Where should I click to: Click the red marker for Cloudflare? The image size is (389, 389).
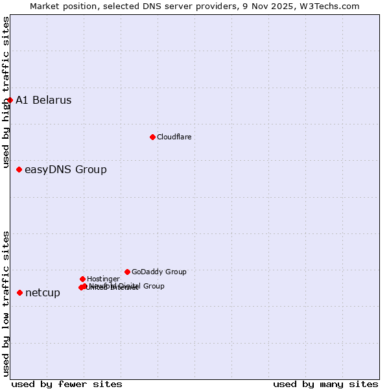click(152, 137)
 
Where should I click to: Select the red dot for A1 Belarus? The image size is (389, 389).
click(10, 100)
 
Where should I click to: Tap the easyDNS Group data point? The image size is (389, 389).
click(19, 169)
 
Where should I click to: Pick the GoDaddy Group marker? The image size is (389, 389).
click(127, 272)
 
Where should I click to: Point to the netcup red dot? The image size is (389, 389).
click(19, 292)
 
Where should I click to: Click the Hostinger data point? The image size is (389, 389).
click(82, 279)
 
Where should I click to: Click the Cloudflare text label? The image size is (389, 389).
click(174, 137)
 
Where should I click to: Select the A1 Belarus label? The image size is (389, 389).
click(43, 100)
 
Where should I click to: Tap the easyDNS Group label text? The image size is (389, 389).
click(65, 170)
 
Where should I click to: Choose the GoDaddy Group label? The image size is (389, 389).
click(159, 272)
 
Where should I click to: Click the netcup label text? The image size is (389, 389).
click(43, 293)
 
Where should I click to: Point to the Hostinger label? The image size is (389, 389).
click(103, 279)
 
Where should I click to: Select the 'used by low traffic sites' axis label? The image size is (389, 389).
click(6, 303)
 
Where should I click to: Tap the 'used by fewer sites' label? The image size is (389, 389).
click(67, 384)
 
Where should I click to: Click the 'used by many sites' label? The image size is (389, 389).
click(325, 384)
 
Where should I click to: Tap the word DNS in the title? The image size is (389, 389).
click(145, 6)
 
